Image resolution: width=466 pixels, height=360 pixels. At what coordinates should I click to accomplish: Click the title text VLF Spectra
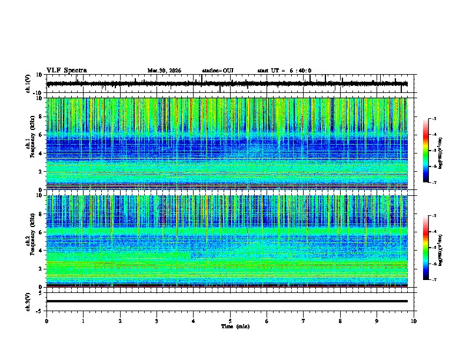[66, 71]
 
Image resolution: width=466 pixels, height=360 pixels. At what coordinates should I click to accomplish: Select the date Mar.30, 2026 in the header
[164, 71]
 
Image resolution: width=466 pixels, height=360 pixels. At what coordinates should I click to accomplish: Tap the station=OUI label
[218, 71]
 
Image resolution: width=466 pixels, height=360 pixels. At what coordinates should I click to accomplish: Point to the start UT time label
[284, 71]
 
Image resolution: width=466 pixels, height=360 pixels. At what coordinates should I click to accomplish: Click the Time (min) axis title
[235, 326]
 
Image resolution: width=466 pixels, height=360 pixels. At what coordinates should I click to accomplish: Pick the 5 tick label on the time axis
[230, 321]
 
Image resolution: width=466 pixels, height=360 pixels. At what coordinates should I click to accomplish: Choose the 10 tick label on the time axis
[414, 321]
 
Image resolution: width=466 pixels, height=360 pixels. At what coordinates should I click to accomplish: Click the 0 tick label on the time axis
[46, 321]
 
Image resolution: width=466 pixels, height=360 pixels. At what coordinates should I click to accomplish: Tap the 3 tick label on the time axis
[157, 321]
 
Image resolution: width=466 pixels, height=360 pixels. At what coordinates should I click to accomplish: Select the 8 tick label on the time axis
[340, 321]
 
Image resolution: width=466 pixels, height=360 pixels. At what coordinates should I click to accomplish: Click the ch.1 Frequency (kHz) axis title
[31, 144]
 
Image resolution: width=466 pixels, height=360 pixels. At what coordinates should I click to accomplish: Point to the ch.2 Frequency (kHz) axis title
[31, 241]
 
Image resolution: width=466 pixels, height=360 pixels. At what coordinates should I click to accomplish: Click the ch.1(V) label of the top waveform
[28, 84]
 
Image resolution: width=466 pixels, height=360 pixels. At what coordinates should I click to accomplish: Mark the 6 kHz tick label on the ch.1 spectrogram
[40, 135]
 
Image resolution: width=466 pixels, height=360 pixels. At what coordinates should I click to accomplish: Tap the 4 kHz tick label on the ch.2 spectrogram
[40, 251]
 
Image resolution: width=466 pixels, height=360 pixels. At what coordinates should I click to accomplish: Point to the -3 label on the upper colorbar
[434, 119]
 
